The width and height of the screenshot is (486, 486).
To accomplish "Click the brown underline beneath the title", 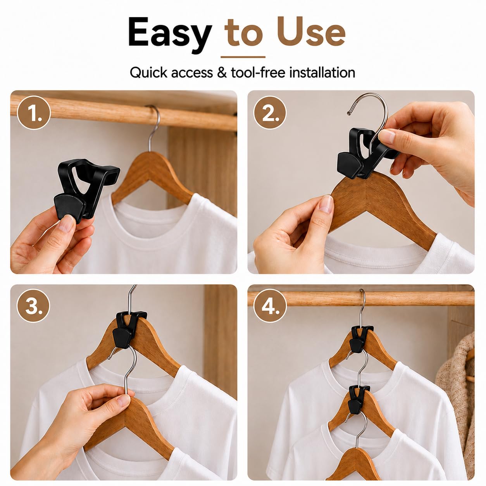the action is (243, 57).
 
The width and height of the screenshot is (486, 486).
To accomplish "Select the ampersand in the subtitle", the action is (222, 72).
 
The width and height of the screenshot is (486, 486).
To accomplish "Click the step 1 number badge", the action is (34, 112).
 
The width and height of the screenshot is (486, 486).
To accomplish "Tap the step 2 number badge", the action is (270, 112).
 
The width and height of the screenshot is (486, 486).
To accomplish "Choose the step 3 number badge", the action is (33, 305).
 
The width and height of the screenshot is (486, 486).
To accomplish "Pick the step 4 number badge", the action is (270, 305).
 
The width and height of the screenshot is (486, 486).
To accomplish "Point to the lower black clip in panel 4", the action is (358, 402).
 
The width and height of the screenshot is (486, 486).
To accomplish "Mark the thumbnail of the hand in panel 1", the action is (65, 224).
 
